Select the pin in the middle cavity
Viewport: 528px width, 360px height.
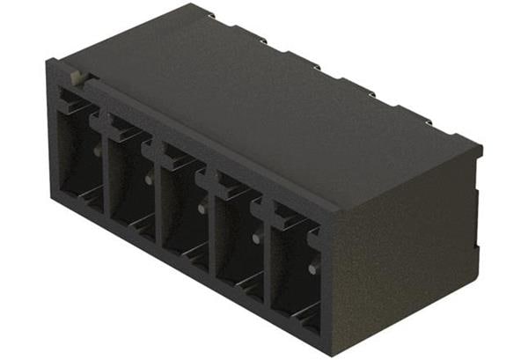coord(202,209)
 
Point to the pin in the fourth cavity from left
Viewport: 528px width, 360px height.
coord(256,238)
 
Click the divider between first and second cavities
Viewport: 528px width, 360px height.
coord(106,172)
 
